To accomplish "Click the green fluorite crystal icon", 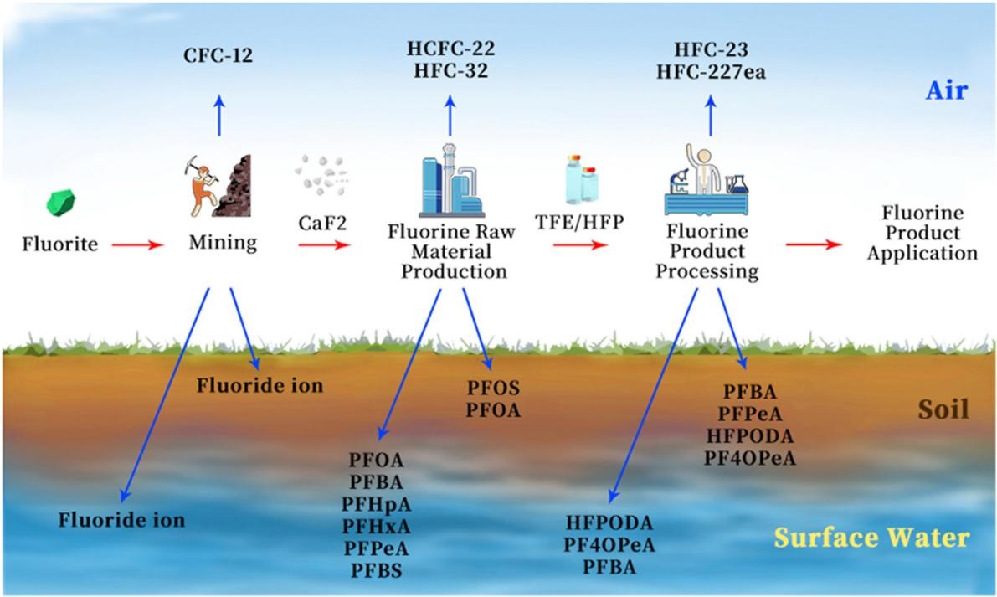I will tap(61, 202).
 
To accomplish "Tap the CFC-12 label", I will tap(218, 57).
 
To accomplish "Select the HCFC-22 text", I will tap(451, 50).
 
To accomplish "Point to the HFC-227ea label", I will tap(712, 73).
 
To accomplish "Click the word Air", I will tap(945, 91).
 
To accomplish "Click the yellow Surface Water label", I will tap(871, 537).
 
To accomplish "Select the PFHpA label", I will tap(377, 504).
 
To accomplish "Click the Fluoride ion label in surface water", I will tap(121, 519).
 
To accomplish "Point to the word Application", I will tap(922, 254).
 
